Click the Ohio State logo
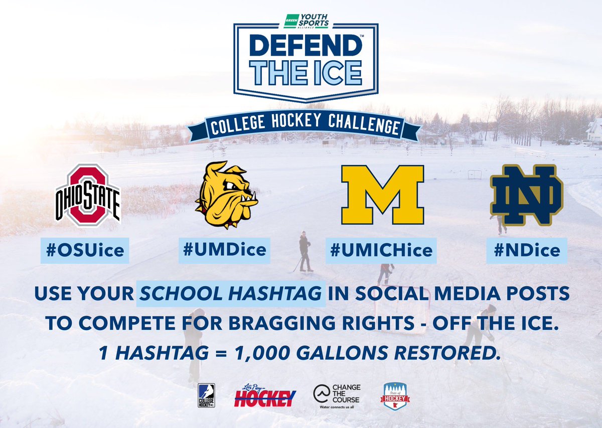point(88,194)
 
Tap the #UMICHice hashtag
point(381,250)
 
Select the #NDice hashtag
point(527,250)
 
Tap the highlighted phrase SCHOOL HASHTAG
point(230,293)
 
